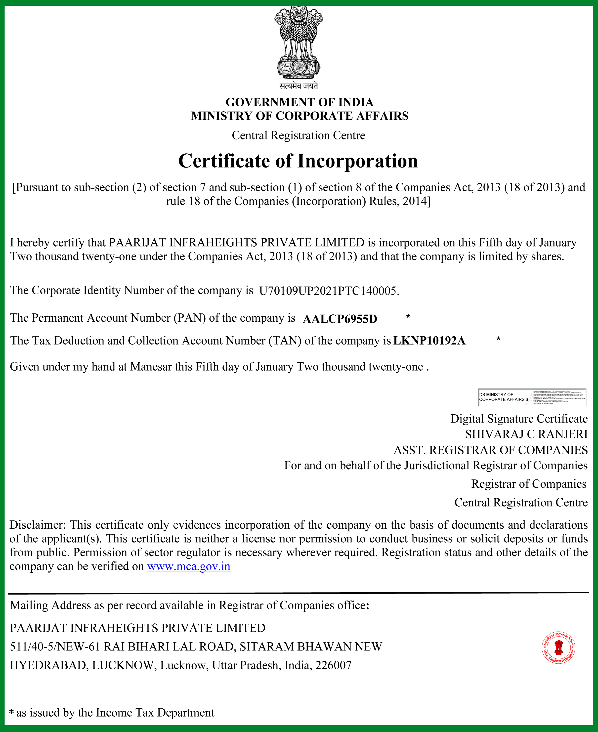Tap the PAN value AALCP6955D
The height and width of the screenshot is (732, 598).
340,319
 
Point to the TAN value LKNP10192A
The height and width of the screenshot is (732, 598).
429,341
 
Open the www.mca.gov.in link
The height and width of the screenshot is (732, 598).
188,566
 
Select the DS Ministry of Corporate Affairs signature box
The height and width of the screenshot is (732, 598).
532,397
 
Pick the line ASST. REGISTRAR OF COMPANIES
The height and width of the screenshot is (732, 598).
491,450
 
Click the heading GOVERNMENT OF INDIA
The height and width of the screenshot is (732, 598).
299,102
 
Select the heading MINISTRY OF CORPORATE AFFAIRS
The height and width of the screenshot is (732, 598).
299,116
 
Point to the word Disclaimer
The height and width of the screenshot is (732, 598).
37,525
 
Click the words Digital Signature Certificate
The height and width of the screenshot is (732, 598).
519,419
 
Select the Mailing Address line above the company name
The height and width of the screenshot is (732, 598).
189,605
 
